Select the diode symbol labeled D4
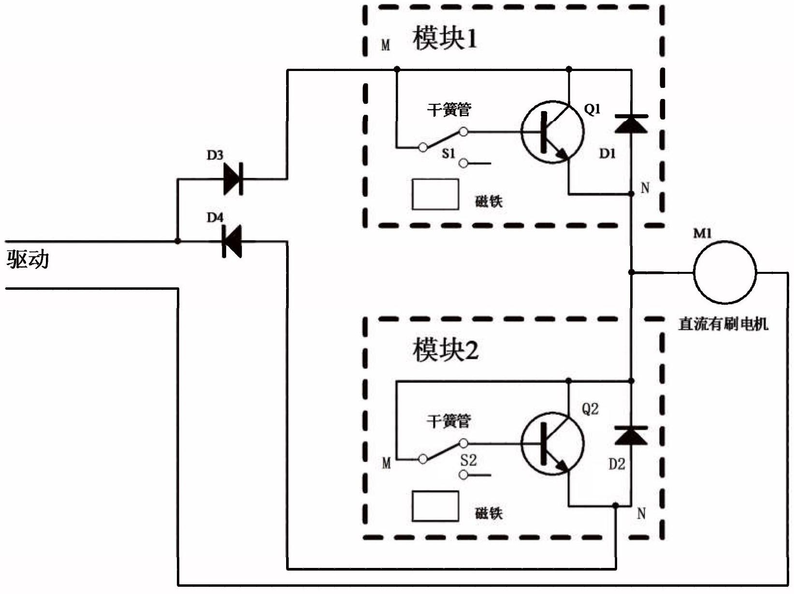(231, 241)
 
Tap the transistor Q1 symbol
(552, 132)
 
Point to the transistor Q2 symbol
(552, 444)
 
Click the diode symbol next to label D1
(631, 124)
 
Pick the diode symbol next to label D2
(631, 436)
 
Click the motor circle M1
(725, 272)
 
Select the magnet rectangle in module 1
(435, 195)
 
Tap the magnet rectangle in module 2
(435, 506)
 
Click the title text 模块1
(445, 38)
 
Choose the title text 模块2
(445, 350)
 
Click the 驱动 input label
(28, 259)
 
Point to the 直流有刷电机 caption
(723, 324)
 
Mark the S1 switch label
(448, 154)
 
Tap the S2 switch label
(468, 460)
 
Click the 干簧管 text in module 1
(449, 110)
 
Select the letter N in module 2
(641, 513)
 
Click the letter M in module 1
(386, 45)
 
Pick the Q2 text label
(590, 409)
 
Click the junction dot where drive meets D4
(178, 241)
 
